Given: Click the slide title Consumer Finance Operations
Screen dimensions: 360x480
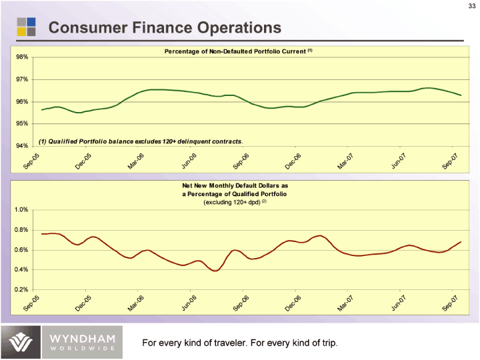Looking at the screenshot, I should coord(165,28).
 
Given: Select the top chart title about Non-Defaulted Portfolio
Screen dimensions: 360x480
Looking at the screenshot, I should coord(238,51).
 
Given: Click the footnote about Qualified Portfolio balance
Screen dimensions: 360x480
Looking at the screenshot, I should coord(141,141).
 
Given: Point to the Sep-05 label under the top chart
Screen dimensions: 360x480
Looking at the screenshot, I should coord(31,161).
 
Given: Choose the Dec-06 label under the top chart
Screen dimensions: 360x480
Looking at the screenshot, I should coord(293,161).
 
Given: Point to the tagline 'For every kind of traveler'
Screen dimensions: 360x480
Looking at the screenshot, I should coord(240,343).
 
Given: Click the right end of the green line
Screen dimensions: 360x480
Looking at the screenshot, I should coord(461,95).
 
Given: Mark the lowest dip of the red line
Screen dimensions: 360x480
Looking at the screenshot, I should coord(215,271).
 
